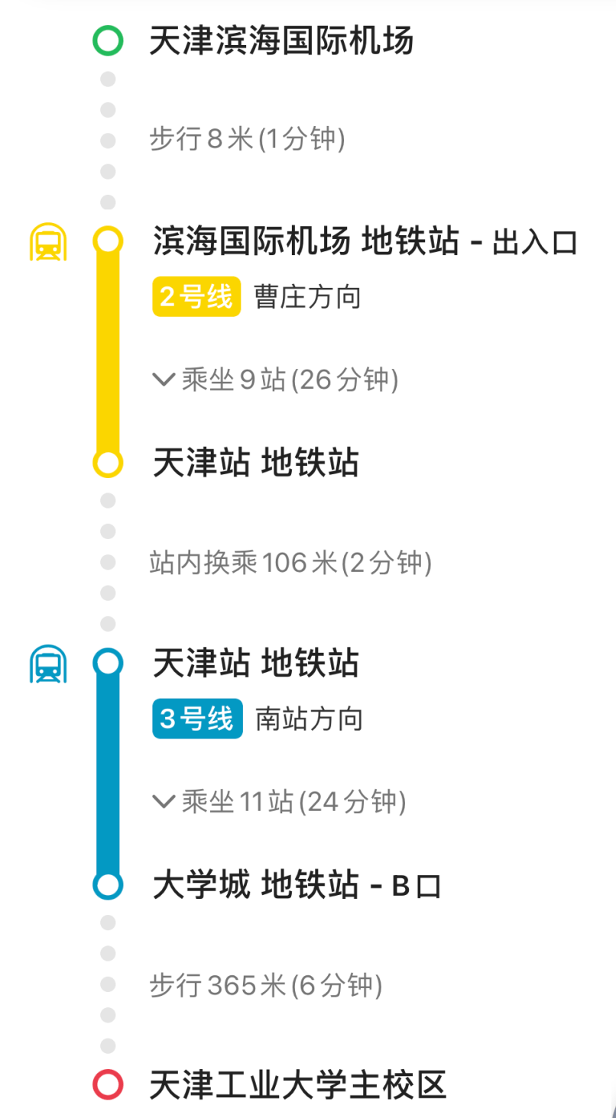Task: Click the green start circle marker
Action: [108, 40]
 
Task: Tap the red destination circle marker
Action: [108, 1084]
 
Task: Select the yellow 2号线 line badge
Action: [196, 297]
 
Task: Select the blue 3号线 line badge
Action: [197, 719]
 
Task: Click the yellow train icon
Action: [48, 242]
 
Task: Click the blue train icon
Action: [48, 664]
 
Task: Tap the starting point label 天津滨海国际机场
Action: [281, 40]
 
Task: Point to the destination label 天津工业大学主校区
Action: [297, 1084]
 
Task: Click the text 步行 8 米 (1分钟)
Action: [247, 140]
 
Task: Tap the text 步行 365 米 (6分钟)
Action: [265, 985]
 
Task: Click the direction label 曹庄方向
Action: [307, 297]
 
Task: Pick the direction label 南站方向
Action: [309, 719]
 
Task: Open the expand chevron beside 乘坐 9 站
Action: [164, 380]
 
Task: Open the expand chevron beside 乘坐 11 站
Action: [164, 801]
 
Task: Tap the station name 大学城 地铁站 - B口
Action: [297, 886]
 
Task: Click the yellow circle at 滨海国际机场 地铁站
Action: [108, 241]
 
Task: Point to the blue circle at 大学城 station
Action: [108, 885]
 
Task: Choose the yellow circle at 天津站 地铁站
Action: [108, 463]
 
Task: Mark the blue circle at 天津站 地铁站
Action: [108, 663]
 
